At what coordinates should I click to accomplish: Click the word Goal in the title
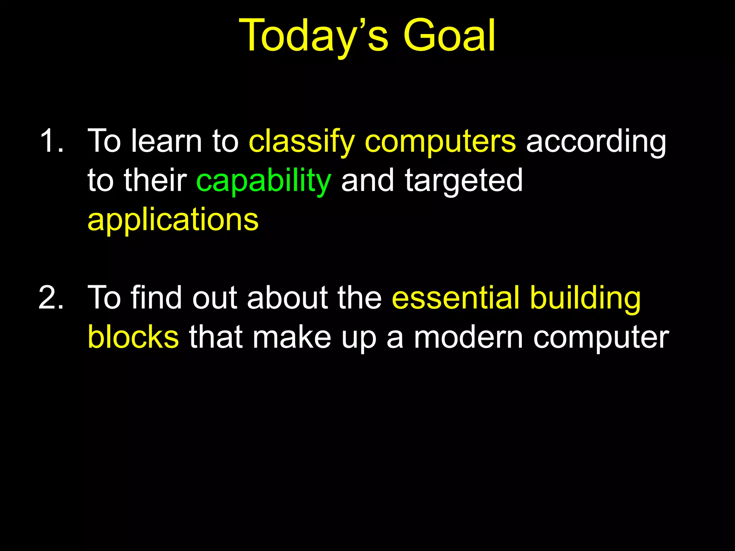pos(449,36)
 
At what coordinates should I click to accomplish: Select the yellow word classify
pos(302,142)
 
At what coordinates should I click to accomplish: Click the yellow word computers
pos(440,142)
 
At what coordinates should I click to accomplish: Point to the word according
pos(596,142)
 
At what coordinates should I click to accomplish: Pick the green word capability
pos(263,181)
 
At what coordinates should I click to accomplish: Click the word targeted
pos(464,181)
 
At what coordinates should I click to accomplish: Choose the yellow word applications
pos(173,220)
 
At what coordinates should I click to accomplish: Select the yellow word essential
pos(455,298)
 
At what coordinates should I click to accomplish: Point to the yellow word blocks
pos(133,337)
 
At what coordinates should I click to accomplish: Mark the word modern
pos(469,337)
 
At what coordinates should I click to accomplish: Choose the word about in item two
pos(287,298)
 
